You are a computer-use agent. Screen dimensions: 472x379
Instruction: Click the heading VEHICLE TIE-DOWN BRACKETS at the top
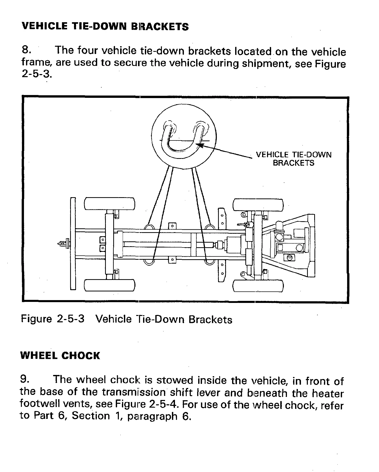point(105,27)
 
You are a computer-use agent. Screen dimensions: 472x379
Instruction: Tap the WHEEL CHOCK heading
point(60,356)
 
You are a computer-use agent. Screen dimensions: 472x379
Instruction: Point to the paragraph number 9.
point(25,380)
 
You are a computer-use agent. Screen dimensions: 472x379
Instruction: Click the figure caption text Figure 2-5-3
point(53,319)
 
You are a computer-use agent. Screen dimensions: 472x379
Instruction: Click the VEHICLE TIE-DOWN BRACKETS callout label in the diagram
point(294,159)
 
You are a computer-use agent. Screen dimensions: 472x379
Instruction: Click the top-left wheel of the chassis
point(109,204)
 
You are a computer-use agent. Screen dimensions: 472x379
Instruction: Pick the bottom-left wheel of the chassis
point(109,286)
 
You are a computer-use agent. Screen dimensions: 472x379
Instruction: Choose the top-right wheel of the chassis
point(258,205)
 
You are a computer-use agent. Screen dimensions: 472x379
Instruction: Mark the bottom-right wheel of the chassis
point(258,286)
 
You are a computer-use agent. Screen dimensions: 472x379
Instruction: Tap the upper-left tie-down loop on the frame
point(149,227)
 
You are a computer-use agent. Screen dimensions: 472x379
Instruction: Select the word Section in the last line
point(91,416)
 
